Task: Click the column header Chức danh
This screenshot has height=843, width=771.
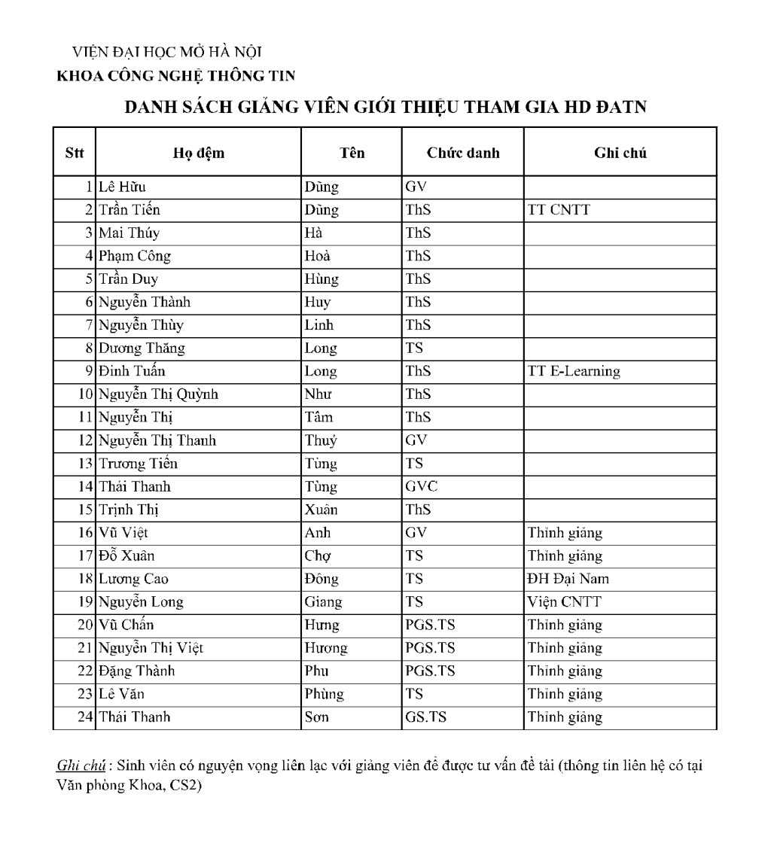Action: click(x=463, y=153)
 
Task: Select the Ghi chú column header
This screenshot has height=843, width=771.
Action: click(x=620, y=153)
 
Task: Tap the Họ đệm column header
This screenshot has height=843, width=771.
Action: click(x=199, y=153)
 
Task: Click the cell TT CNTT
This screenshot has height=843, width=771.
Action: click(x=559, y=210)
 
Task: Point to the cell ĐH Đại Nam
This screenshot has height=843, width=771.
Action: click(x=568, y=579)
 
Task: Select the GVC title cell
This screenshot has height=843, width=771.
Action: click(x=421, y=486)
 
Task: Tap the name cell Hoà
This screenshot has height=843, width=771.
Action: click(x=317, y=256)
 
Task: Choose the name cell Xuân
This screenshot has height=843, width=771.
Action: click(x=321, y=510)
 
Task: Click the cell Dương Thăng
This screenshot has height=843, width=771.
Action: click(x=142, y=348)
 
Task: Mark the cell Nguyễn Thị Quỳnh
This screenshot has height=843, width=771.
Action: click(x=159, y=394)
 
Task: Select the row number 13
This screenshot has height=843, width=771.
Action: click(x=85, y=464)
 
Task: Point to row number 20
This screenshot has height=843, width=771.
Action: click(x=85, y=625)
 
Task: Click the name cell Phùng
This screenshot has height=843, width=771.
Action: click(x=324, y=694)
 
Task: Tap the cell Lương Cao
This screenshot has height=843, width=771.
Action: click(x=134, y=579)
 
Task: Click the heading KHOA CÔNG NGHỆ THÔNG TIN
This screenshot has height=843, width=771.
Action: click(x=176, y=75)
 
